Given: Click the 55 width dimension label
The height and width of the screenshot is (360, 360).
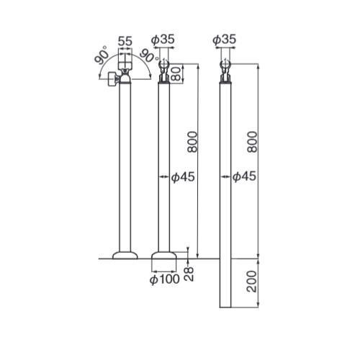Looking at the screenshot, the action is click(125, 41).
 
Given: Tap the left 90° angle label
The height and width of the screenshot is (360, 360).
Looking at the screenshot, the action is click(102, 55).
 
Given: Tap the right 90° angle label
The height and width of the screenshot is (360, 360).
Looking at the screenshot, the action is click(149, 55).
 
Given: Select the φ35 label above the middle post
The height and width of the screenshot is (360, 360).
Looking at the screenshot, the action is click(163, 40).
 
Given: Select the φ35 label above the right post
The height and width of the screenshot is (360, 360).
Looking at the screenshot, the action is click(225, 40).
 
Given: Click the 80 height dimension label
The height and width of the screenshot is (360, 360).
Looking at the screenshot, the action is click(176, 73).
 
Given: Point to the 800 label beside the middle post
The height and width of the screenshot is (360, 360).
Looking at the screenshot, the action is click(192, 142).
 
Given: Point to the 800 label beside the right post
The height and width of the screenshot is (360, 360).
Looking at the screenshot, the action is click(252, 142).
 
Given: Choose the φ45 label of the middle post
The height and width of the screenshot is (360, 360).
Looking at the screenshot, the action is click(183, 177).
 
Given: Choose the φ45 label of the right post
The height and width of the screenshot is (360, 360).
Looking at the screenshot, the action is click(244, 177).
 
